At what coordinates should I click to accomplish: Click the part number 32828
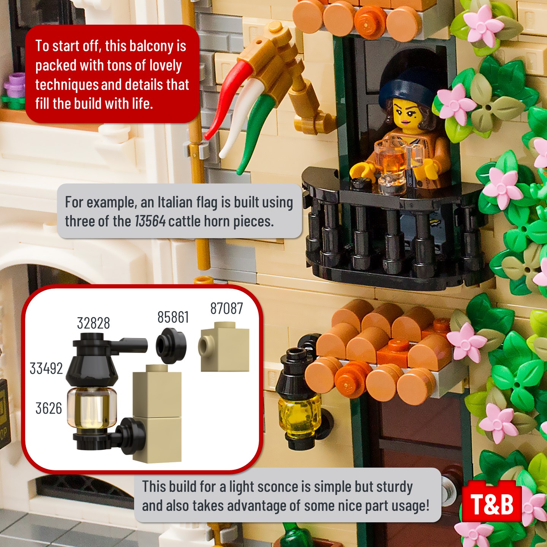pos(93,323)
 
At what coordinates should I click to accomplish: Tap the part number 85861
pos(173,317)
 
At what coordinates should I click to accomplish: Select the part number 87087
pos(226,308)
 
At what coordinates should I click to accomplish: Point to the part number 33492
pos(46,368)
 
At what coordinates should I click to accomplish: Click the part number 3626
pos(49,408)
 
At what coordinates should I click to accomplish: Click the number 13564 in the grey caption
pos(150,221)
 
